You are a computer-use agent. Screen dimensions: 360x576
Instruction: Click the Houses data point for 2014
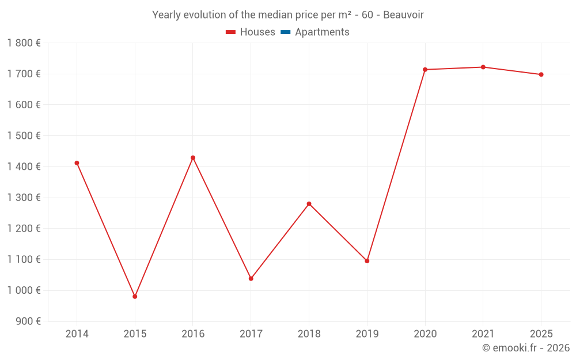pyautogui.click(x=77, y=163)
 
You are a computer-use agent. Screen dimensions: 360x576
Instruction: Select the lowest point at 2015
pyautogui.click(x=135, y=297)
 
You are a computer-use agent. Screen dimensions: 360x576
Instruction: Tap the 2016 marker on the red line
pyautogui.click(x=193, y=158)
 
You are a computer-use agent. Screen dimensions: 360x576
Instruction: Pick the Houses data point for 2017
pyautogui.click(x=251, y=279)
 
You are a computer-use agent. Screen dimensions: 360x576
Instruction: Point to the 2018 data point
pyautogui.click(x=309, y=204)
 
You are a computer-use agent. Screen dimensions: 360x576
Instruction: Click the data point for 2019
pyautogui.click(x=367, y=261)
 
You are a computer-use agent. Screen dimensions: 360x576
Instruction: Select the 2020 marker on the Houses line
pyautogui.click(x=425, y=70)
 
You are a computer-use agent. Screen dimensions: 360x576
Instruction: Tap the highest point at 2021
pyautogui.click(x=483, y=67)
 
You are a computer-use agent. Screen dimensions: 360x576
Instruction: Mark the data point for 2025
pyautogui.click(x=541, y=74)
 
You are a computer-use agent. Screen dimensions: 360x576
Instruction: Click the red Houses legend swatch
pyautogui.click(x=230, y=32)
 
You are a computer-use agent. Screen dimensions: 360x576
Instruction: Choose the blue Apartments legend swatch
pyautogui.click(x=285, y=32)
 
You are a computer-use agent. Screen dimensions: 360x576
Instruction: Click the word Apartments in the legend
pyautogui.click(x=322, y=32)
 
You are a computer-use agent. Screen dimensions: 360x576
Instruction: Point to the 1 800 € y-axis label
pyautogui.click(x=24, y=43)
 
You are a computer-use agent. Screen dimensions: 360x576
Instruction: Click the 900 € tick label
pyautogui.click(x=28, y=321)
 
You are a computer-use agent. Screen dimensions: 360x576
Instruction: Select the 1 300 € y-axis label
pyautogui.click(x=24, y=198)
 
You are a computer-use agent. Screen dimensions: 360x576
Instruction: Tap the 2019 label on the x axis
pyautogui.click(x=367, y=334)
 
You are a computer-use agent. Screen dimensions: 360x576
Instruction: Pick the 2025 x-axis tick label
pyautogui.click(x=541, y=334)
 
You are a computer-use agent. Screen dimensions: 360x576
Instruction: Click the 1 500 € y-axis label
pyautogui.click(x=24, y=136)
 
